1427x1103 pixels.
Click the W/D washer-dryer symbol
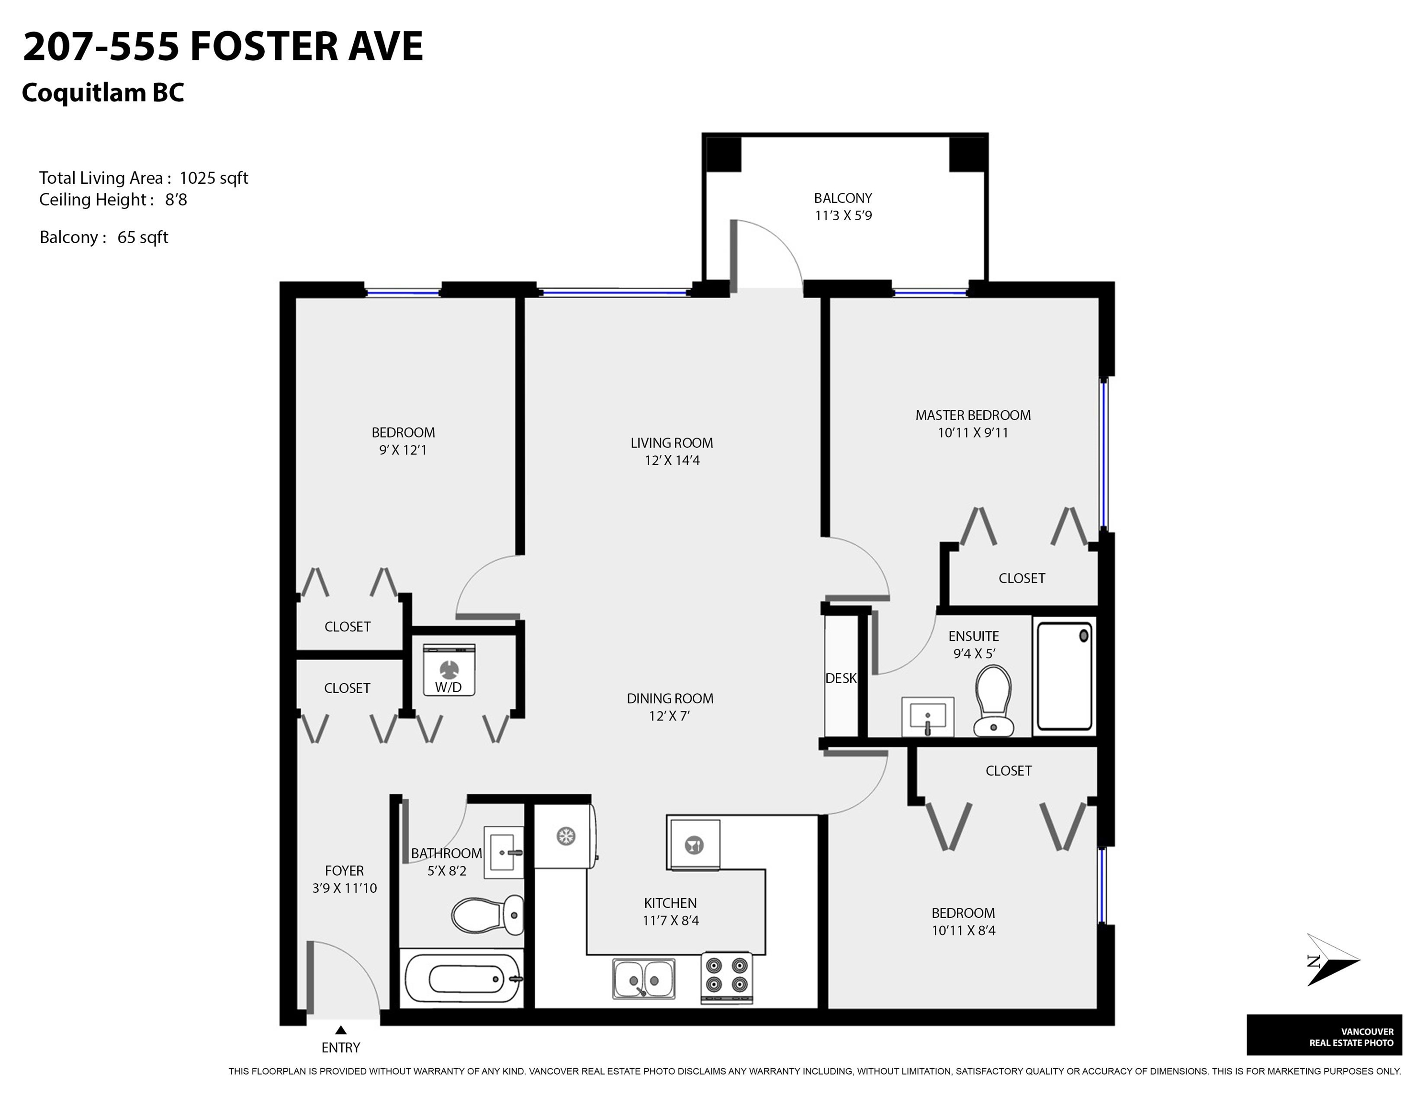click(449, 670)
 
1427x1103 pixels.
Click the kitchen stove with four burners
click(727, 977)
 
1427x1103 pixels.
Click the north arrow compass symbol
click(1333, 960)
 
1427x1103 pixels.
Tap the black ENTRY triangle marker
click(340, 1030)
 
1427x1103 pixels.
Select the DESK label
click(841, 678)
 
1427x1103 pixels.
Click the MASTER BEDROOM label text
click(973, 415)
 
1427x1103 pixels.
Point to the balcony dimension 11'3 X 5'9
click(843, 215)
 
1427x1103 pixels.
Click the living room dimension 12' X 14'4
click(672, 460)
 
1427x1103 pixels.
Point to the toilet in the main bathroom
click(487, 915)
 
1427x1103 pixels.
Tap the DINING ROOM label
click(670, 698)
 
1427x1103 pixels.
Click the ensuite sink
click(928, 716)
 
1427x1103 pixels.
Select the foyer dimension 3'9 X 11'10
click(344, 888)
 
